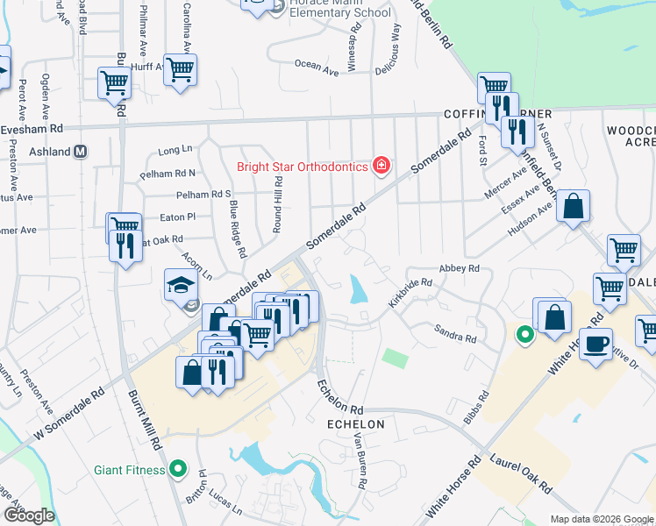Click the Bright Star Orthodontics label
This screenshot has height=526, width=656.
[303, 167]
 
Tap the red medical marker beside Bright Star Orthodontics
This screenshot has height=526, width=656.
[381, 165]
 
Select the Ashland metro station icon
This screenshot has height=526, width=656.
[81, 152]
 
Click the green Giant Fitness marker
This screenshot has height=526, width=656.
[179, 469]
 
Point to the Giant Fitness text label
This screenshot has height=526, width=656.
[130, 470]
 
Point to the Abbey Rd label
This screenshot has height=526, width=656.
[460, 268]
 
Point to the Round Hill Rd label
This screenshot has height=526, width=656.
[276, 203]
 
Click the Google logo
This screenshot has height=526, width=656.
[29, 515]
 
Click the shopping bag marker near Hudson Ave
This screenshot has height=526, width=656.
[572, 208]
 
